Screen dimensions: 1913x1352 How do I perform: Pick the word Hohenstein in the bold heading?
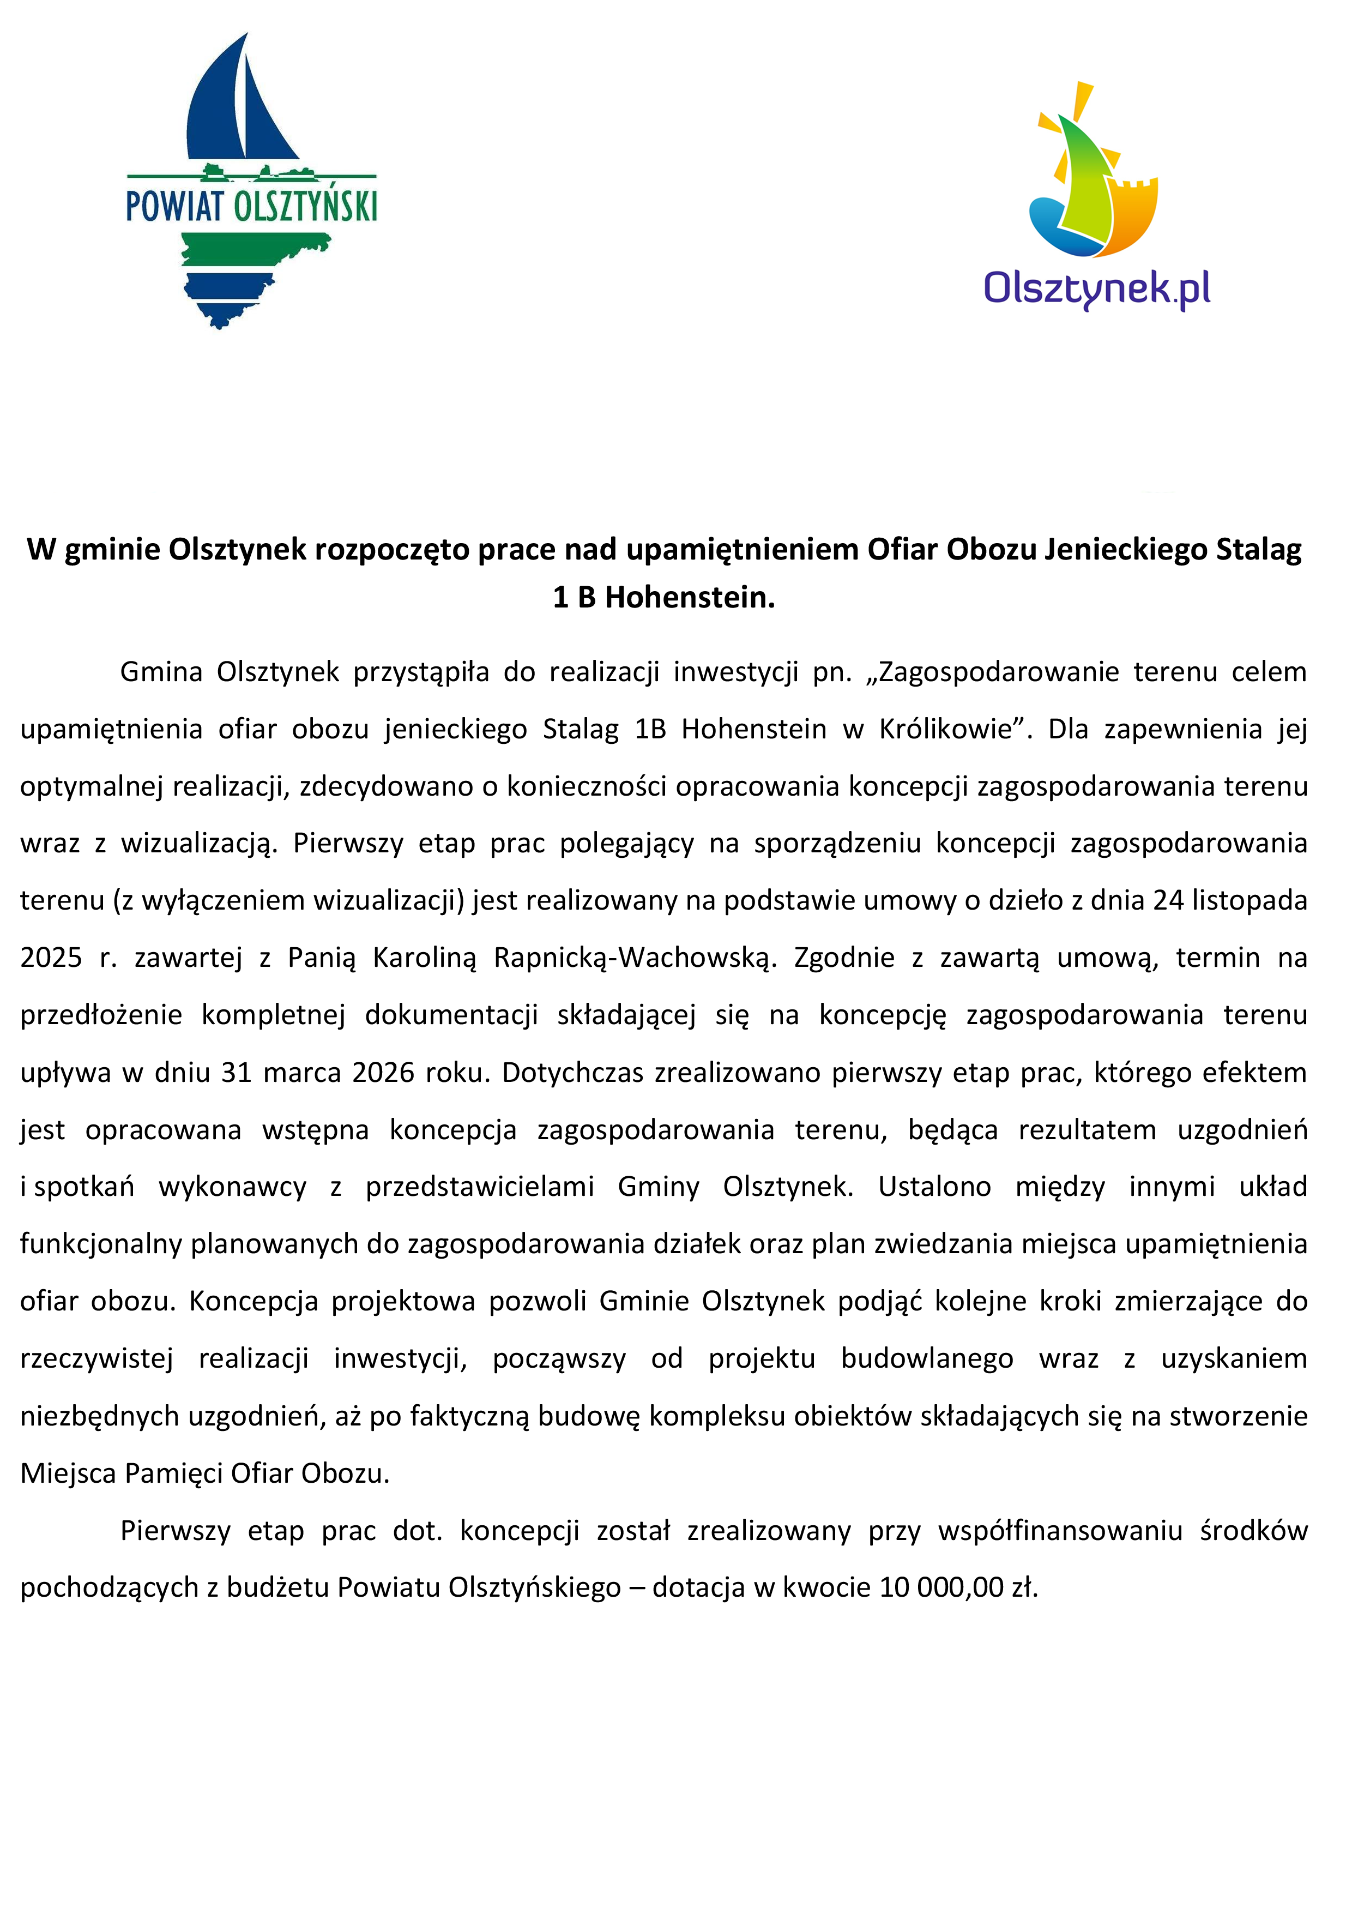[x=690, y=597]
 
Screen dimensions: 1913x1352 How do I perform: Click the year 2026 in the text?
[x=383, y=1072]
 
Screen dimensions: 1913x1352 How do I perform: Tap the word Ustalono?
[x=934, y=1187]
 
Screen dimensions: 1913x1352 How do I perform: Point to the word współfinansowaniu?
[x=1060, y=1531]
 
